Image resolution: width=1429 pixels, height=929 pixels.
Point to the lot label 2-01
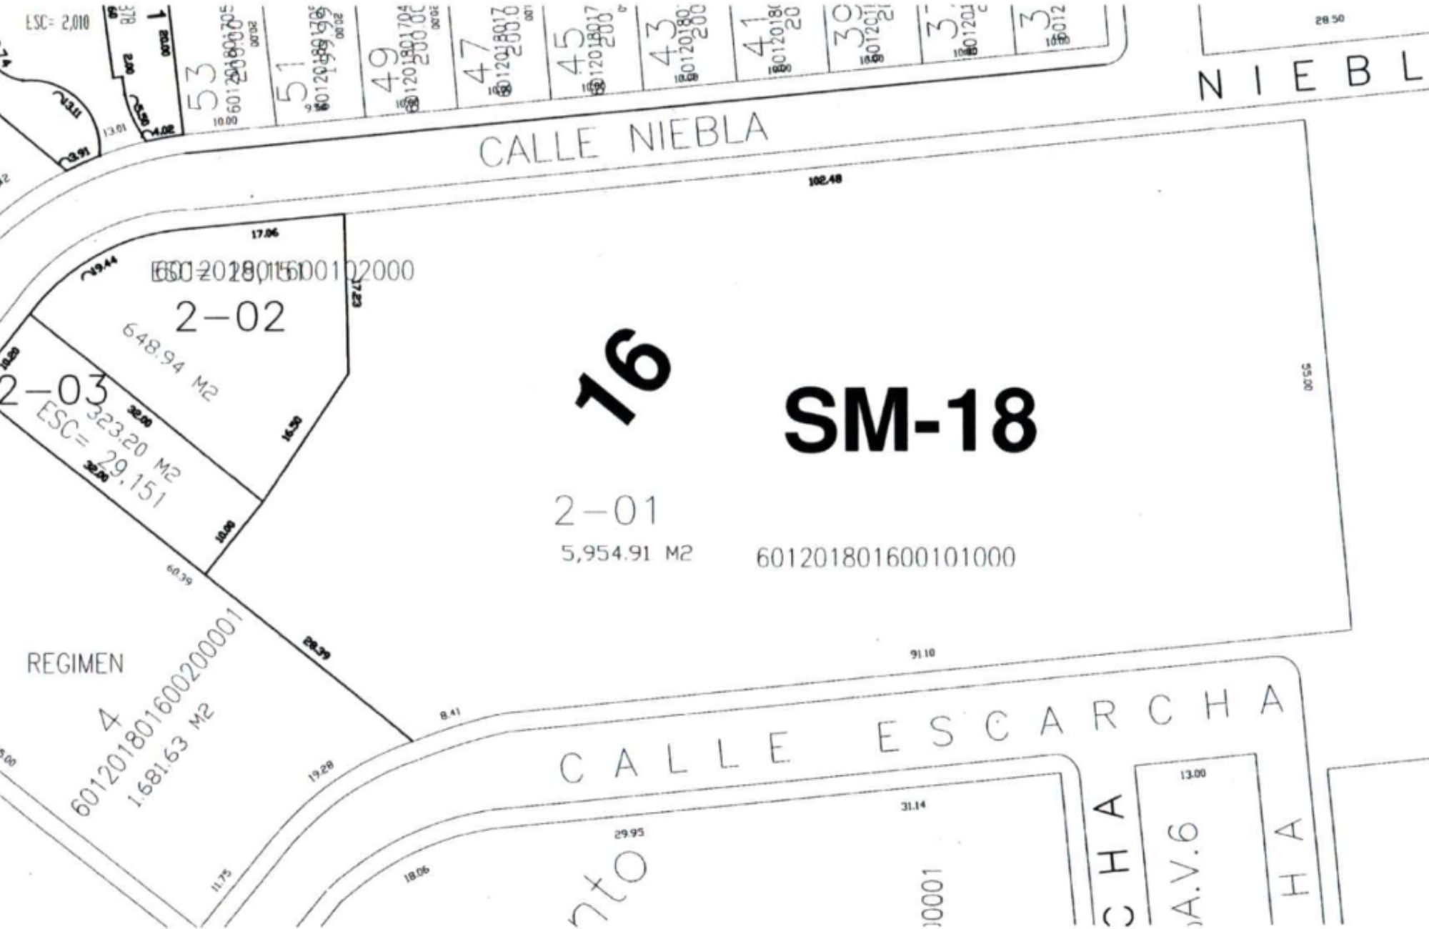click(x=606, y=511)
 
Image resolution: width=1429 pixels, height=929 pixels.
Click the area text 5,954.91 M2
click(x=627, y=554)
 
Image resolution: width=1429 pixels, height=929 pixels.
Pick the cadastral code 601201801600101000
click(x=885, y=557)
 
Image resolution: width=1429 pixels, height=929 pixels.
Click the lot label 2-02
click(x=230, y=318)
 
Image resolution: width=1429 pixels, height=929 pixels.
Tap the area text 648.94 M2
click(x=170, y=361)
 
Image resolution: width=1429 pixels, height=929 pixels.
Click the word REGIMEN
click(x=75, y=664)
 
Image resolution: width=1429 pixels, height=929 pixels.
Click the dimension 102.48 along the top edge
click(x=825, y=180)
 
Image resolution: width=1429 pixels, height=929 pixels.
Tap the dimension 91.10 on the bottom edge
click(x=922, y=653)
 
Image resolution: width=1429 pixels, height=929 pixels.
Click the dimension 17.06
click(x=264, y=233)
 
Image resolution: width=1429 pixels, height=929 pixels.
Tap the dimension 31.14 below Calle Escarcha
click(x=913, y=805)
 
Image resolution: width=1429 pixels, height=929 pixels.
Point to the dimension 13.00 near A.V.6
click(x=1193, y=774)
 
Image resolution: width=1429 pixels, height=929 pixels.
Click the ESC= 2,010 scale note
click(x=58, y=22)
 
